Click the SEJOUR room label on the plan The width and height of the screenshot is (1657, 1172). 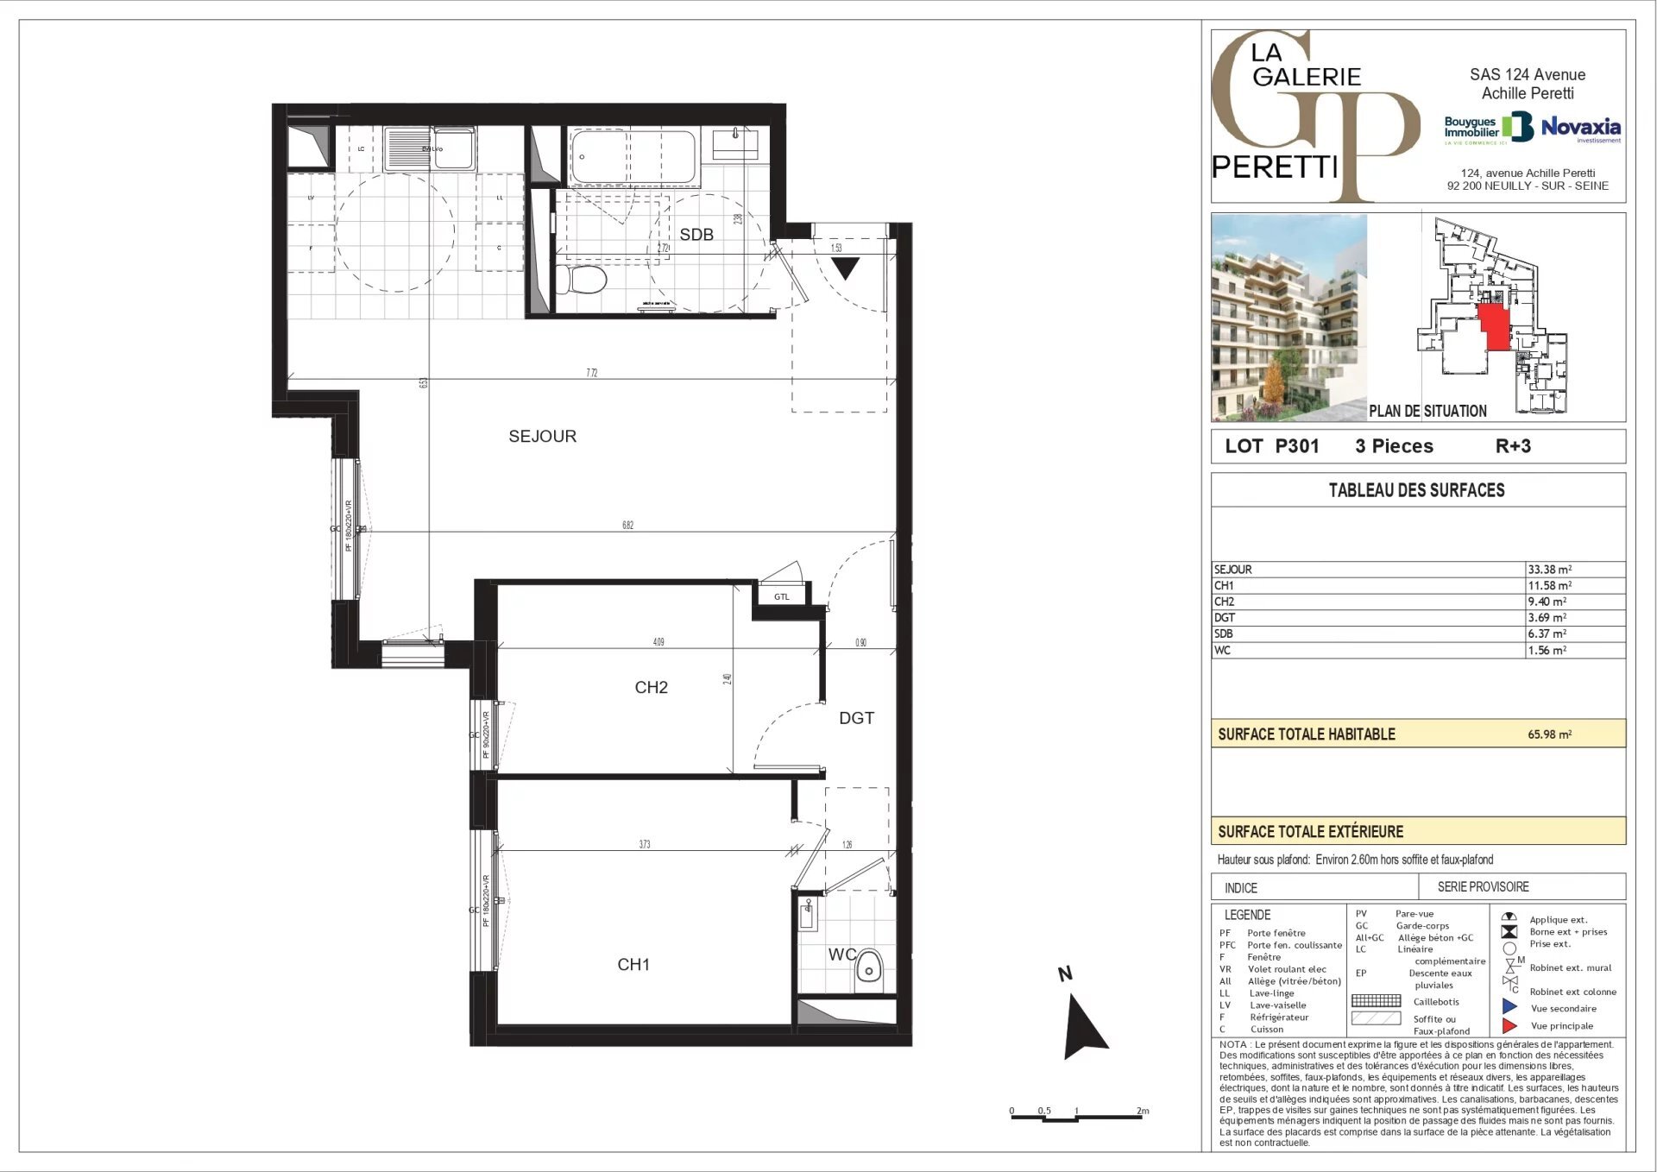(542, 437)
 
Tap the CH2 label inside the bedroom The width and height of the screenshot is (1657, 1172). (651, 688)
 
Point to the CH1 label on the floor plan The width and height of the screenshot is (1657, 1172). (633, 965)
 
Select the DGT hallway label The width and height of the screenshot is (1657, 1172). (856, 718)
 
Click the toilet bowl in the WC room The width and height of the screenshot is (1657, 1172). (869, 969)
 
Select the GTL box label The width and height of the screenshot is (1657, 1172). (781, 596)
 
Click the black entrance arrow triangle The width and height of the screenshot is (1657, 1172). (845, 268)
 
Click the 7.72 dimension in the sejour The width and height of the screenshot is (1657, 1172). (591, 373)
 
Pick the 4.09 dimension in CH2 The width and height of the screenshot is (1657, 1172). (658, 642)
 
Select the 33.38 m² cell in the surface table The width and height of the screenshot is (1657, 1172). (1549, 570)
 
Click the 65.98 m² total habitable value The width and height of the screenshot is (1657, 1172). (1549, 734)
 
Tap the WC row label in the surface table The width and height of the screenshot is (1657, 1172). (1222, 651)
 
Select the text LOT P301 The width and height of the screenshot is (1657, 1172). (1271, 446)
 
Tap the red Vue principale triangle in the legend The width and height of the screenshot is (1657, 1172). (1509, 1026)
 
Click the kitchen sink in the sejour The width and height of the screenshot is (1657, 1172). (407, 148)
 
